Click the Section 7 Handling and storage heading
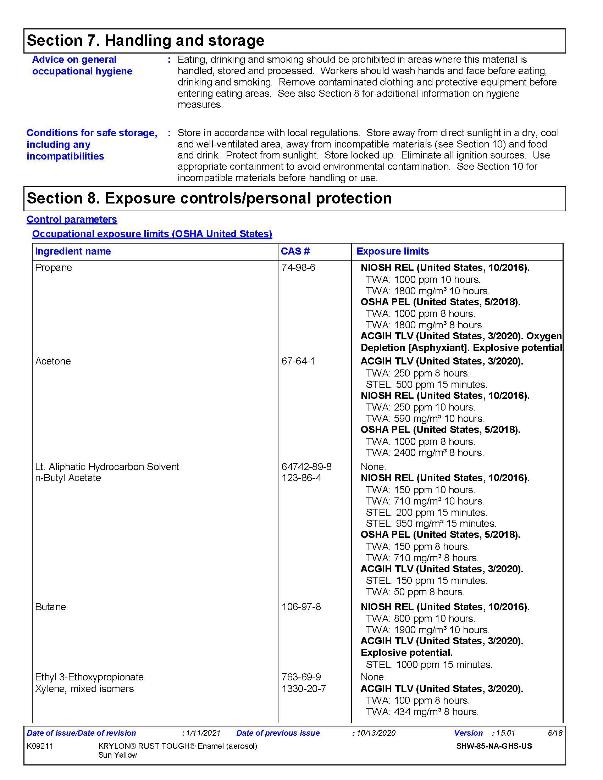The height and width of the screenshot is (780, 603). [x=145, y=41]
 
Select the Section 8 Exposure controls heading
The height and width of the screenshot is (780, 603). [x=209, y=199]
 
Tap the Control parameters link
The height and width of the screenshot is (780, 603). [x=72, y=219]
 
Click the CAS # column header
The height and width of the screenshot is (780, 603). [x=295, y=251]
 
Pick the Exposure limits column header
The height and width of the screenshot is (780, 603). [x=393, y=251]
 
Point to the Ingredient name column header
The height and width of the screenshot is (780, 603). [x=73, y=251]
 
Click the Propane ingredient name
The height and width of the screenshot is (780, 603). [x=54, y=268]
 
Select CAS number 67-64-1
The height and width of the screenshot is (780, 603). [x=298, y=361]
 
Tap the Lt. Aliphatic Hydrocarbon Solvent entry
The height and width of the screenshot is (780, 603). [x=107, y=467]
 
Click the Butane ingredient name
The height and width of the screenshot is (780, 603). [x=50, y=607]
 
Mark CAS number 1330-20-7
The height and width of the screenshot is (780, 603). [x=304, y=689]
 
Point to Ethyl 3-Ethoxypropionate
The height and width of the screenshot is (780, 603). [x=89, y=677]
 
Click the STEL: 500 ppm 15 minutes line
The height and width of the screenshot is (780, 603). [x=426, y=385]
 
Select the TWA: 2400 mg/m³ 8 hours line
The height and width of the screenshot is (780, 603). [x=425, y=453]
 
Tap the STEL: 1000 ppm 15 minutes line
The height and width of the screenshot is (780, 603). [x=429, y=665]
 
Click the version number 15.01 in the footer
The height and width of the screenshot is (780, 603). [x=505, y=733]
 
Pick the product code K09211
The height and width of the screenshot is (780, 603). [x=40, y=746]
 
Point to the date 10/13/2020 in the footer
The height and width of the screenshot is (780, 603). [x=376, y=733]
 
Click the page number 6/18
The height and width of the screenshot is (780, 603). [x=555, y=733]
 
